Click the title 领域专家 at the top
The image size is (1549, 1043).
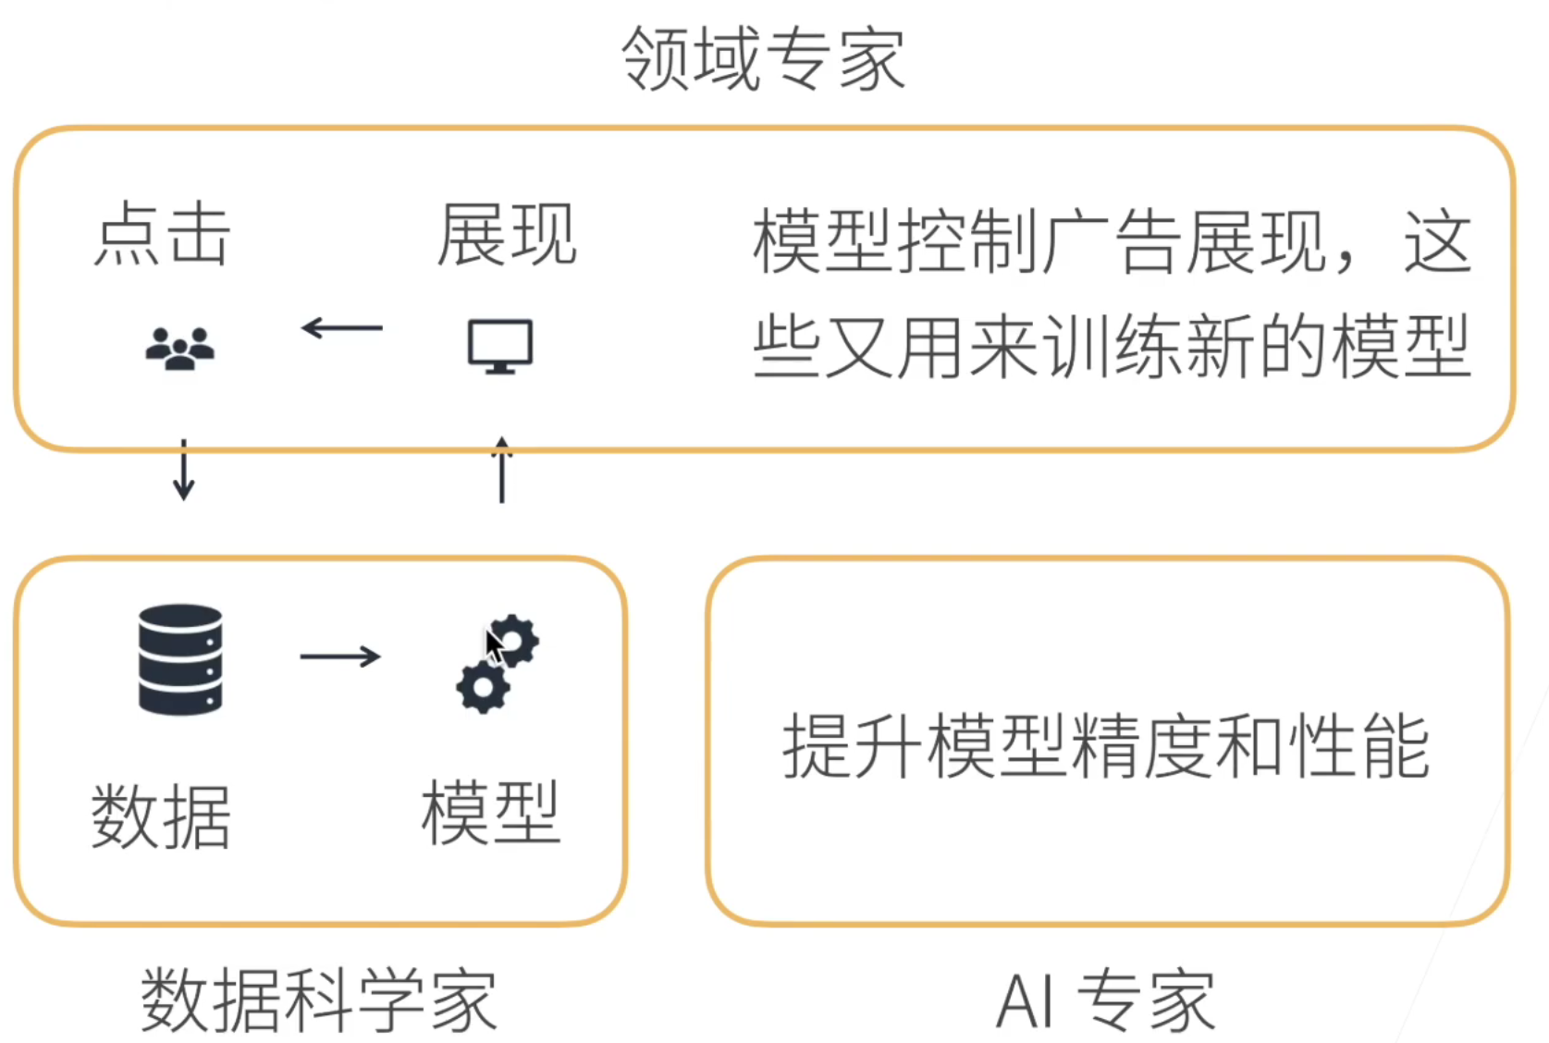coord(763,58)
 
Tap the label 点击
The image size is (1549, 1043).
coord(162,234)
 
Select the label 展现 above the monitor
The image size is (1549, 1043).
coord(507,234)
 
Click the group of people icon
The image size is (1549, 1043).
coord(180,349)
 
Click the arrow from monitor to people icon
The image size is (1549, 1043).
coord(342,327)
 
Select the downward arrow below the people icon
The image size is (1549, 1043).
coord(184,471)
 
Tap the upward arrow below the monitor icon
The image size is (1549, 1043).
coord(502,470)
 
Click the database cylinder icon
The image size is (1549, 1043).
coord(180,659)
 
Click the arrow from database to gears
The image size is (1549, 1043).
coord(340,656)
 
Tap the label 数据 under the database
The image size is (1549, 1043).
coord(161,816)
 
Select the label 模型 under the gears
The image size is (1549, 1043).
coord(490,812)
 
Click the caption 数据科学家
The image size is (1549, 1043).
coord(319,1000)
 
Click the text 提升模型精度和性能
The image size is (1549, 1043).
coord(1106,747)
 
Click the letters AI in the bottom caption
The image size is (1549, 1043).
coord(1025,1000)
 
